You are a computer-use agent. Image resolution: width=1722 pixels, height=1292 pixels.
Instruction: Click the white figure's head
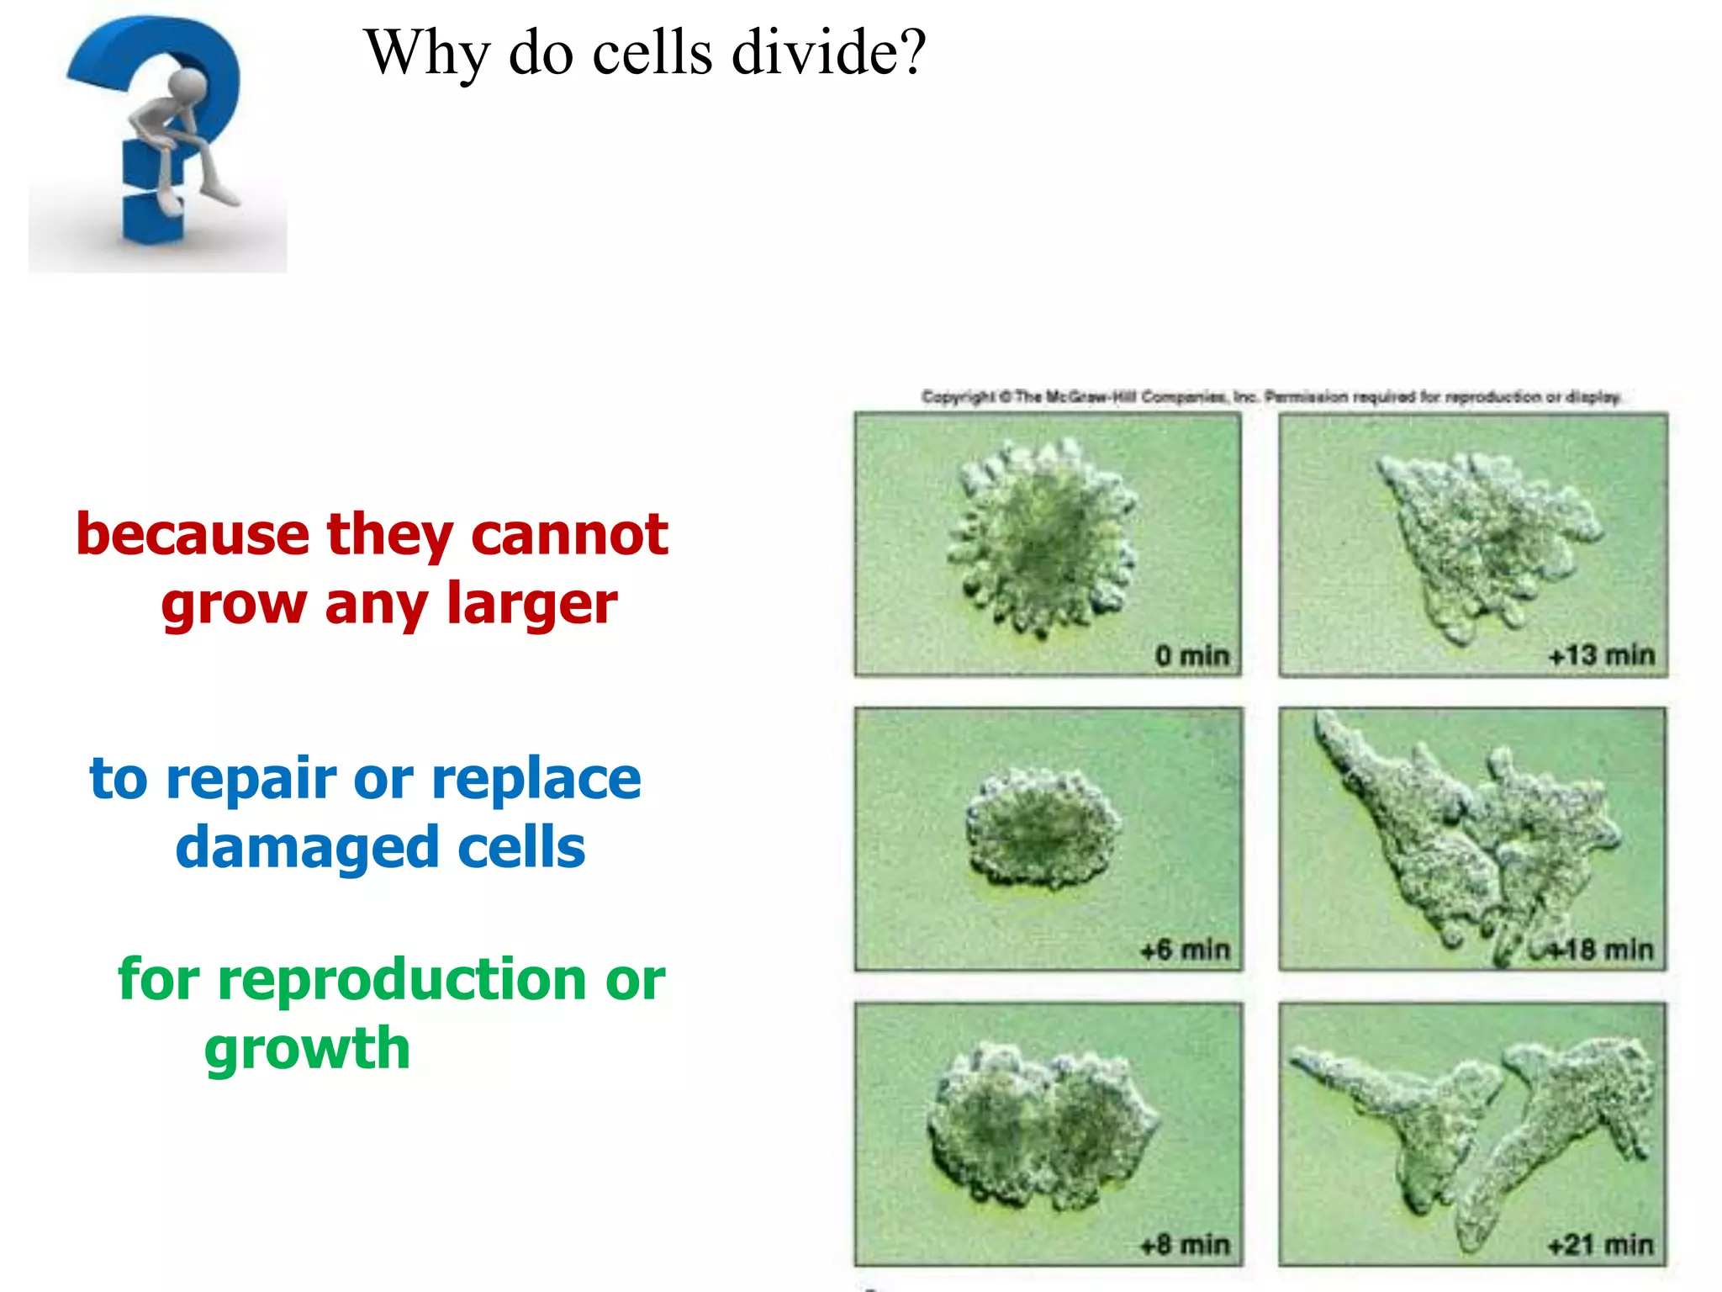point(188,86)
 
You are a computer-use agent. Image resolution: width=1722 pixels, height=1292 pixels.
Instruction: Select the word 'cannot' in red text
point(569,535)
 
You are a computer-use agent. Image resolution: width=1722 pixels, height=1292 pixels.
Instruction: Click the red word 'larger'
point(531,605)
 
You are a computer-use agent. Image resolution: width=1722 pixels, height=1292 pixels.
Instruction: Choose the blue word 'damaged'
point(307,848)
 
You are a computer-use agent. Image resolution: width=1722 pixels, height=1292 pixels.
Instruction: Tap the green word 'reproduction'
point(402,981)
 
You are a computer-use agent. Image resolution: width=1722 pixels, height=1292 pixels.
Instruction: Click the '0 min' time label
point(1191,655)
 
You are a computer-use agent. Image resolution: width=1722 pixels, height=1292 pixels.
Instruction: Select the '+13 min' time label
point(1601,655)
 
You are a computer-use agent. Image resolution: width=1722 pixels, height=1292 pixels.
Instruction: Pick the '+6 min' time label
point(1185,950)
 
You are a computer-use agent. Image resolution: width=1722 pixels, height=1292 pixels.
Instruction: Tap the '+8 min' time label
point(1185,1244)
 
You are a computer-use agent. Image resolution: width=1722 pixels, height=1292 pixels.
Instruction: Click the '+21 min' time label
point(1601,1244)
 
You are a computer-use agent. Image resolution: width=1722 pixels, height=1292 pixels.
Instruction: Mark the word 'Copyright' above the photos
point(959,396)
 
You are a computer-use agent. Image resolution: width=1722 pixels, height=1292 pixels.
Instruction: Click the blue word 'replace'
point(536,780)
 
